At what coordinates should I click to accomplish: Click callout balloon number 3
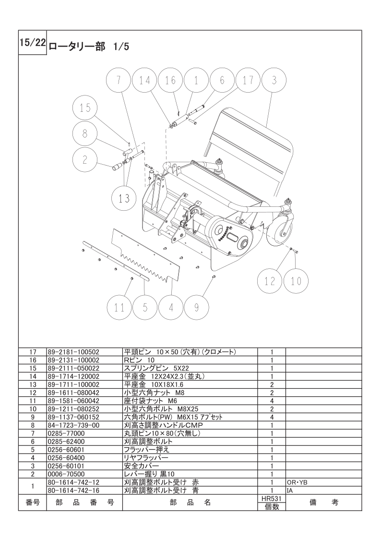274,81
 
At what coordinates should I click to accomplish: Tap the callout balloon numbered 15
85,108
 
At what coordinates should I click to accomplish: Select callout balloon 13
124,198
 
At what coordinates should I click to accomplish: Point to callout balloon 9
196,307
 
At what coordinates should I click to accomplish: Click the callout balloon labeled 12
270,281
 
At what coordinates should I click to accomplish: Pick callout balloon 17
248,81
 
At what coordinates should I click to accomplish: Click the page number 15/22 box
32,43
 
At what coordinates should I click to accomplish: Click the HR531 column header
272,498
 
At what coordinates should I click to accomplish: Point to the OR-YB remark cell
295,482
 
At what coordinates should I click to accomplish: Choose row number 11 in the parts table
33,400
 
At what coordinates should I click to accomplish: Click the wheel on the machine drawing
280,231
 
